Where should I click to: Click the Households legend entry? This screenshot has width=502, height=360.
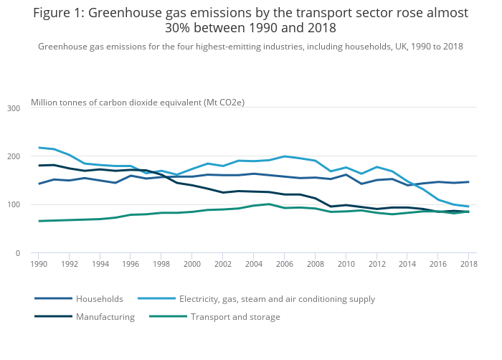(100, 299)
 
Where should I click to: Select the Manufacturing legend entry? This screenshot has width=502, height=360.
(105, 317)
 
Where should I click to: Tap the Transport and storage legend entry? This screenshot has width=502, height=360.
(235, 317)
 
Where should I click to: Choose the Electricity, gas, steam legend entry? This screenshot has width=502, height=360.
(277, 299)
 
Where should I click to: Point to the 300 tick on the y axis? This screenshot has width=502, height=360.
(13, 108)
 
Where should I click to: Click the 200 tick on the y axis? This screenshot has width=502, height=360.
(13, 156)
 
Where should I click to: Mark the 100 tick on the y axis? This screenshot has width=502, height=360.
(13, 205)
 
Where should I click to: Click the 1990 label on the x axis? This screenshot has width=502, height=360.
(39, 264)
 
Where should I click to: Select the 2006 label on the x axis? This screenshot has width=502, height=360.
(284, 264)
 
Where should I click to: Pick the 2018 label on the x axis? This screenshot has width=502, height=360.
(468, 264)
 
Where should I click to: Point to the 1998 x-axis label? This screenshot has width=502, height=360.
(161, 264)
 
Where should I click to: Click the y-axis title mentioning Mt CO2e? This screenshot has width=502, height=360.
(138, 103)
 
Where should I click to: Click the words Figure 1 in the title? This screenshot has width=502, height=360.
(58, 14)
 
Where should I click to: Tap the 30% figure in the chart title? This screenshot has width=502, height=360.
(178, 28)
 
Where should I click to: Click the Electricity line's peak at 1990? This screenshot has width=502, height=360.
(39, 148)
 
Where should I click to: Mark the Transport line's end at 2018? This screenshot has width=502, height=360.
(468, 212)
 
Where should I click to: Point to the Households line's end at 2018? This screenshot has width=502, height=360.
(468, 181)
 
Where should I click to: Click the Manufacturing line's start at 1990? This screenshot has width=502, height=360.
(39, 166)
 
